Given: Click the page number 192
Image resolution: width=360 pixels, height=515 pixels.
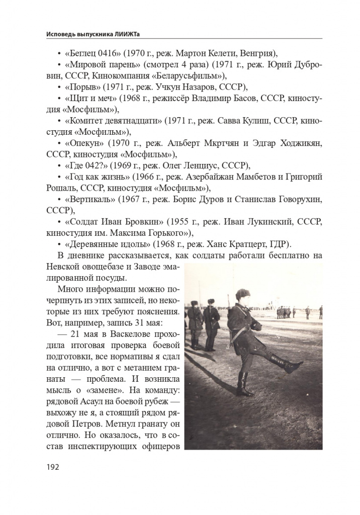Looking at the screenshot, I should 52,467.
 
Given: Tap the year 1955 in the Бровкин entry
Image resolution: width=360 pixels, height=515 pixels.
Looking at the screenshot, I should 178,222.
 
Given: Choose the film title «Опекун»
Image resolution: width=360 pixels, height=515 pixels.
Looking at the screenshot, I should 84,143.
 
